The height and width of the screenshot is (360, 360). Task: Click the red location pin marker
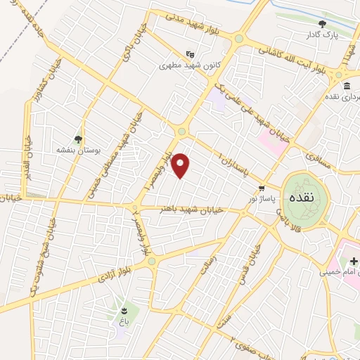pos(181,166)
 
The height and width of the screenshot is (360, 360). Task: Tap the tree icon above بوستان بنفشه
pos(78,139)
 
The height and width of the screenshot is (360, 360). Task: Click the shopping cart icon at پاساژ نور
pos(262,188)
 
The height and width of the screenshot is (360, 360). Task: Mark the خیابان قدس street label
pos(256,261)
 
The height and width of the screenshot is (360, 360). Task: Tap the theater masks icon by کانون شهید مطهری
pos(188,53)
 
